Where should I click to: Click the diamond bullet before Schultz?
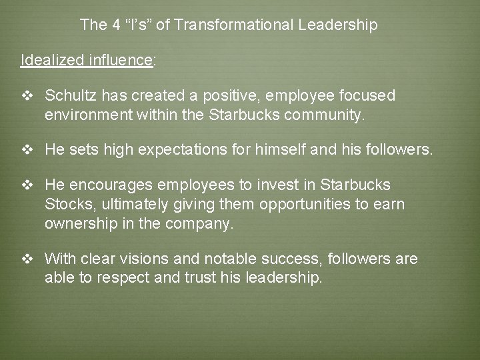click(x=27, y=97)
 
